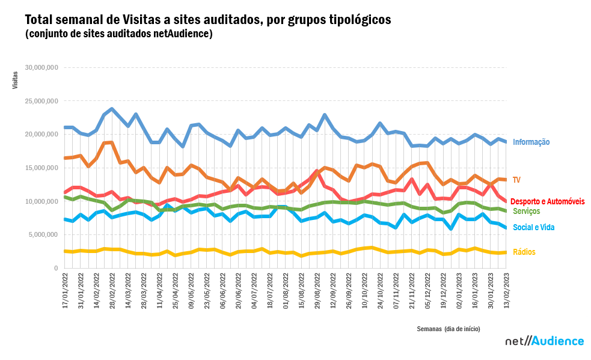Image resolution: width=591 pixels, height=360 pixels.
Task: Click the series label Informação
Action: click(x=531, y=142)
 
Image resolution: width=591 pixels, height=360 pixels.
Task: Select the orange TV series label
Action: click(x=516, y=180)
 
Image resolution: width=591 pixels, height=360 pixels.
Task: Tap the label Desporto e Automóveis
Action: click(x=547, y=201)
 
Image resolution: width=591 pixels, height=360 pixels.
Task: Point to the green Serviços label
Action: click(x=526, y=212)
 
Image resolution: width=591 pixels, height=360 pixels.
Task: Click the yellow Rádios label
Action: click(x=524, y=252)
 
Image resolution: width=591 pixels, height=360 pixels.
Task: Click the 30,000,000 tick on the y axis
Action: click(x=41, y=67)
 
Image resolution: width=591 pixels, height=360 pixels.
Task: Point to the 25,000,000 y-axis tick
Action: click(x=41, y=101)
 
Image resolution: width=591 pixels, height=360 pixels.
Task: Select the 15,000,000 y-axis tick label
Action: click(x=41, y=168)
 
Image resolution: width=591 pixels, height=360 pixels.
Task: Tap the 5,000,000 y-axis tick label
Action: click(x=43, y=234)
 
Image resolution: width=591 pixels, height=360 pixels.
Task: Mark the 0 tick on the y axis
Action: click(x=55, y=268)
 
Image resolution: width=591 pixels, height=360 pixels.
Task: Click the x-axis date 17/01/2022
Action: click(x=65, y=291)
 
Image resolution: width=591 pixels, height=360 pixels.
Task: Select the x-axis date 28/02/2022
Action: click(x=112, y=291)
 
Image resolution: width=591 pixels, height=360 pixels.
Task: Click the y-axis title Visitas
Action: click(x=15, y=80)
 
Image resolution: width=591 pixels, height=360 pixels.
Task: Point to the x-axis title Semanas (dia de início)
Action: click(x=449, y=329)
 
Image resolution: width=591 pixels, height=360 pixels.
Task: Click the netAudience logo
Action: click(x=544, y=341)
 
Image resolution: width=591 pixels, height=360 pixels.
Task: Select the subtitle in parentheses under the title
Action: click(x=119, y=34)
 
